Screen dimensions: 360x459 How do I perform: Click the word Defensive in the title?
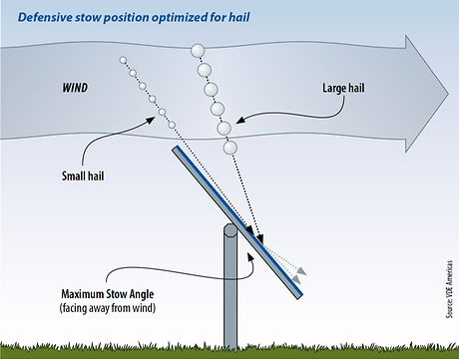50,15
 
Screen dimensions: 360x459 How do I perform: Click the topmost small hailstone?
123,60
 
